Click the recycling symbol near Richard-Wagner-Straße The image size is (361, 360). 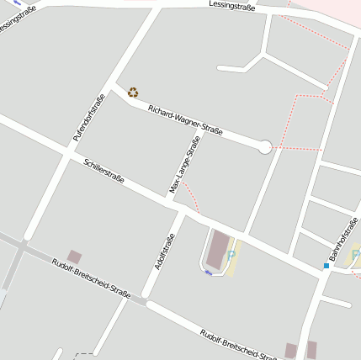(x=132, y=93)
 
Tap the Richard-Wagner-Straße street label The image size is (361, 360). (x=185, y=119)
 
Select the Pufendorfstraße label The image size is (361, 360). (x=88, y=117)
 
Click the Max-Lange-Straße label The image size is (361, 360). (x=184, y=166)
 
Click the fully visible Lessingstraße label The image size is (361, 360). (x=232, y=6)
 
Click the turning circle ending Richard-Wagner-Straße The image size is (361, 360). (x=264, y=147)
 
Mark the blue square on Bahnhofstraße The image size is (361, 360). (x=326, y=266)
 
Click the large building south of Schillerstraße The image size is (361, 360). (x=218, y=250)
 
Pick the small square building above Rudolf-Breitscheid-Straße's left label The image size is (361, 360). (x=75, y=257)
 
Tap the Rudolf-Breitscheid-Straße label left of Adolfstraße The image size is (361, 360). (x=91, y=278)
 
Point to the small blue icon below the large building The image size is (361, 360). (x=208, y=272)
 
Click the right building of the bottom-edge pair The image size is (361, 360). (x=311, y=350)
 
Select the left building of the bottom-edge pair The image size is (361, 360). (x=291, y=351)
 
